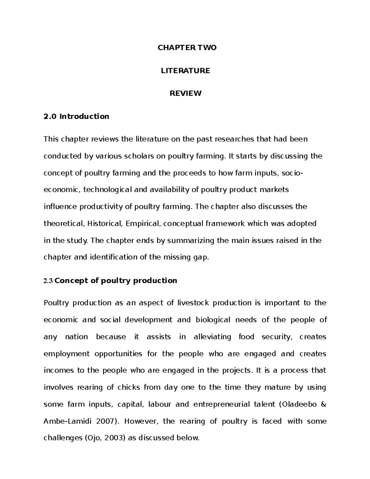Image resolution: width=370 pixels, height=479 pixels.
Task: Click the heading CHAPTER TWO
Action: click(187, 48)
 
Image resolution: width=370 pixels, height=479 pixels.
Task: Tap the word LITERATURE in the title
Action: click(185, 71)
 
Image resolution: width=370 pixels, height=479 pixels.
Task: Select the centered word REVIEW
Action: click(185, 93)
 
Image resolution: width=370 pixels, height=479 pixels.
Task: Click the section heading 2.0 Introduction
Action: click(76, 117)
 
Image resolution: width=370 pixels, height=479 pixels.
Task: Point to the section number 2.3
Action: click(48, 281)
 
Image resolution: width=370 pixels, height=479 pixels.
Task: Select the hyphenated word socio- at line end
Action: click(292, 173)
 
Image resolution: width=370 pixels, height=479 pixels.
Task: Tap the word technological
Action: click(107, 190)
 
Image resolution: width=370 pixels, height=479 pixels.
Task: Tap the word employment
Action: click(67, 354)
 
